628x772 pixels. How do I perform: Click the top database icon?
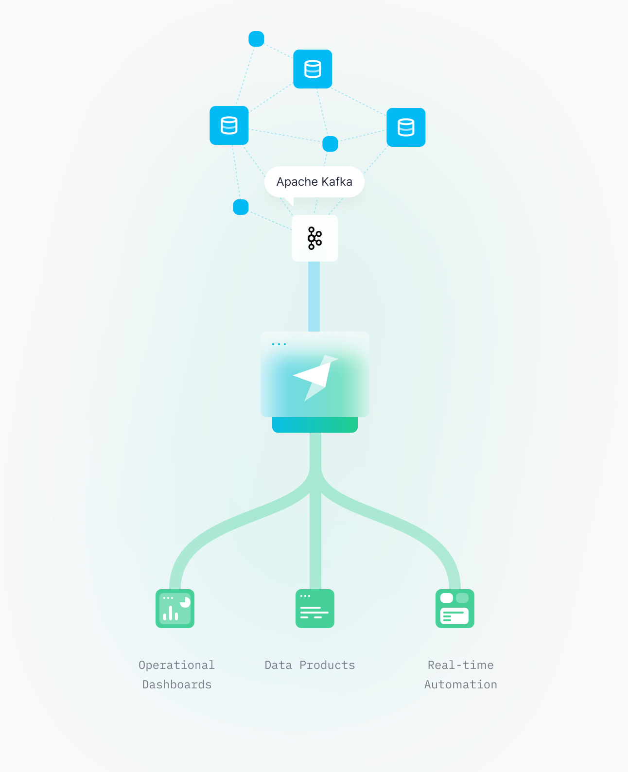tap(313, 69)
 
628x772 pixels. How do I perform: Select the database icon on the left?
tap(229, 125)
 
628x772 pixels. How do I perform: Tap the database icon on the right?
tap(406, 127)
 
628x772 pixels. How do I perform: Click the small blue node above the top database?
tap(256, 39)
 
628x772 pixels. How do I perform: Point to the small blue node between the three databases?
tap(330, 144)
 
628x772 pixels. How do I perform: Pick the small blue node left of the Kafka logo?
tap(241, 207)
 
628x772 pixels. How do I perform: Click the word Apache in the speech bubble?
tap(297, 182)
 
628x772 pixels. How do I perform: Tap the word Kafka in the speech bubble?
tap(337, 181)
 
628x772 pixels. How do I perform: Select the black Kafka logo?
tap(314, 238)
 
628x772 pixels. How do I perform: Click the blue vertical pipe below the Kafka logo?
tap(314, 297)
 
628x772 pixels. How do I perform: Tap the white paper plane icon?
tap(315, 378)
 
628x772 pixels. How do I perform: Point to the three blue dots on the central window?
tap(279, 344)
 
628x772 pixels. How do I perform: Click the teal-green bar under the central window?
tap(315, 424)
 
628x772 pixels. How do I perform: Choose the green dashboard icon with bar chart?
tap(175, 609)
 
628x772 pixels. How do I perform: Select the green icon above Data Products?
tap(315, 609)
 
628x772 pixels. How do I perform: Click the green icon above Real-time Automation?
tap(455, 609)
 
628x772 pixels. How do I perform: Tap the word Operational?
tap(177, 665)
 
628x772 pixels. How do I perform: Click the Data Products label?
tap(310, 665)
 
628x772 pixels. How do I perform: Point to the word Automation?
tap(461, 684)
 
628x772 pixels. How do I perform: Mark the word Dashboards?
tap(177, 684)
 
